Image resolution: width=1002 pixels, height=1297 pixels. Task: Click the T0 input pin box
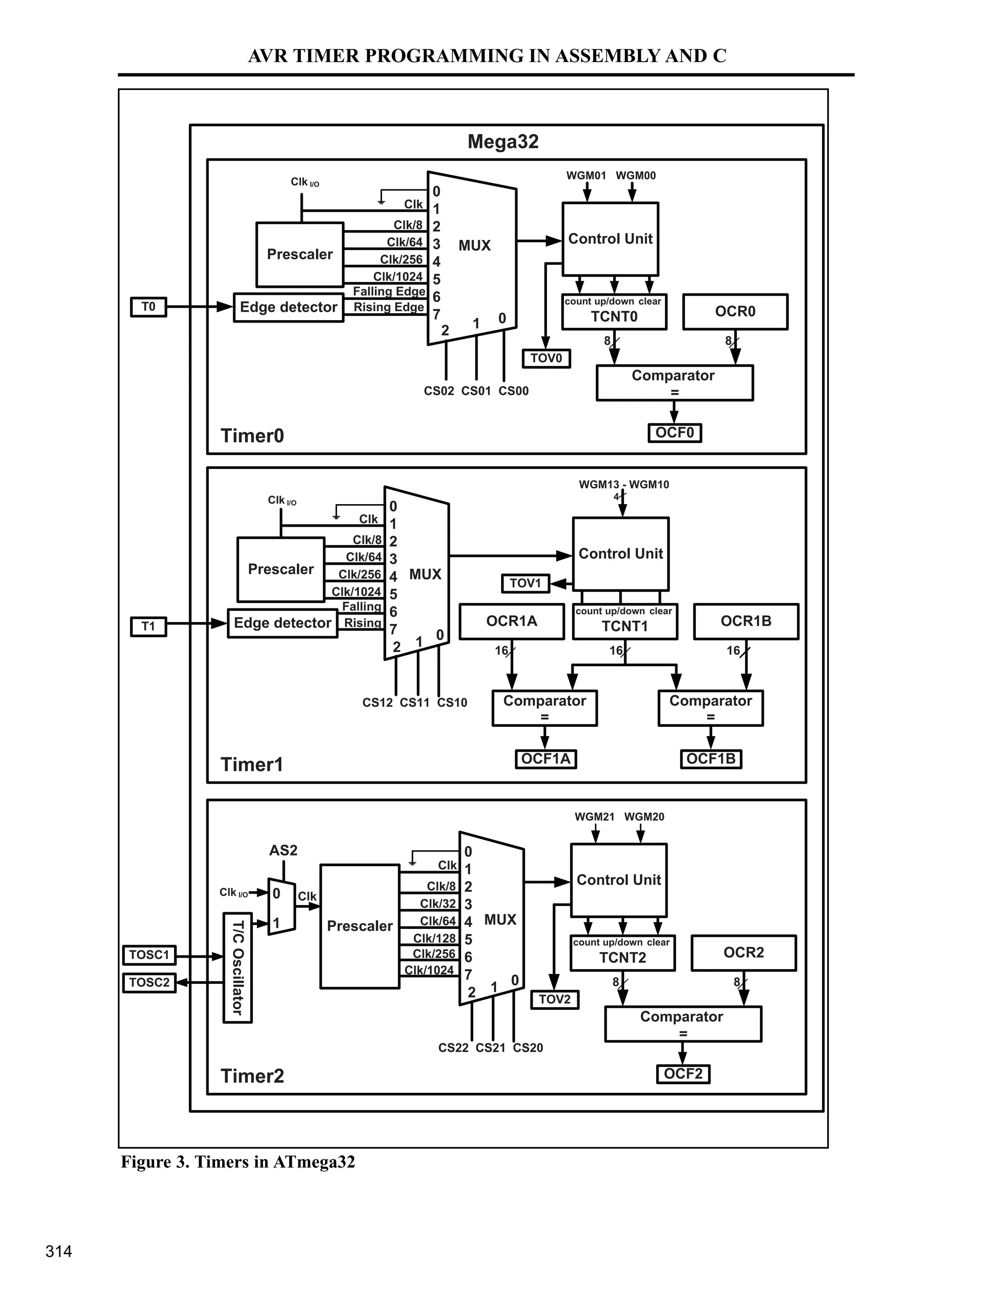click(x=148, y=307)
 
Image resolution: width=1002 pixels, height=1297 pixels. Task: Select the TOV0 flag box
click(x=546, y=358)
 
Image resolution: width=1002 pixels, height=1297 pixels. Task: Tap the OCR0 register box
click(x=735, y=312)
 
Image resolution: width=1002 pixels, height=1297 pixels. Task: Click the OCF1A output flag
click(x=546, y=759)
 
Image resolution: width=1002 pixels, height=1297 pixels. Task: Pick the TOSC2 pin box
click(x=149, y=982)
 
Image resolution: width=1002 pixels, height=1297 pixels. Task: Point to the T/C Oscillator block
click(x=237, y=968)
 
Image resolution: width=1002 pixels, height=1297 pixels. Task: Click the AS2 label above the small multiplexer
click(x=283, y=851)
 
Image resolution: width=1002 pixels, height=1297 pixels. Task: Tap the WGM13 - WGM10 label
click(x=623, y=485)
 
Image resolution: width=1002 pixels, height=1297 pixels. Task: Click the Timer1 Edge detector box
click(x=283, y=623)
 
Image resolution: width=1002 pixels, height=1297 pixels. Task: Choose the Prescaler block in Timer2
click(x=360, y=926)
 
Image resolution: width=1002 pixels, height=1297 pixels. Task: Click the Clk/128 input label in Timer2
click(x=434, y=938)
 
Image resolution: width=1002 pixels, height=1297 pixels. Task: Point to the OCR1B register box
click(x=746, y=621)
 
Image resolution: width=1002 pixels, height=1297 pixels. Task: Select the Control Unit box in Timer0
click(x=610, y=239)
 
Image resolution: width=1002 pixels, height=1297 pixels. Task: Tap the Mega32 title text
click(x=503, y=142)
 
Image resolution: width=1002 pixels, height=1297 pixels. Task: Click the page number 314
click(x=59, y=1251)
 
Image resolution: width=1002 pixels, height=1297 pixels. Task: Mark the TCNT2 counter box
click(x=622, y=952)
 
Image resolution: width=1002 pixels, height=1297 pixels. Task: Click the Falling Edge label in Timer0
click(x=389, y=291)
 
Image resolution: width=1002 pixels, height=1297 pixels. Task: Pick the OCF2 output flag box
click(x=683, y=1074)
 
